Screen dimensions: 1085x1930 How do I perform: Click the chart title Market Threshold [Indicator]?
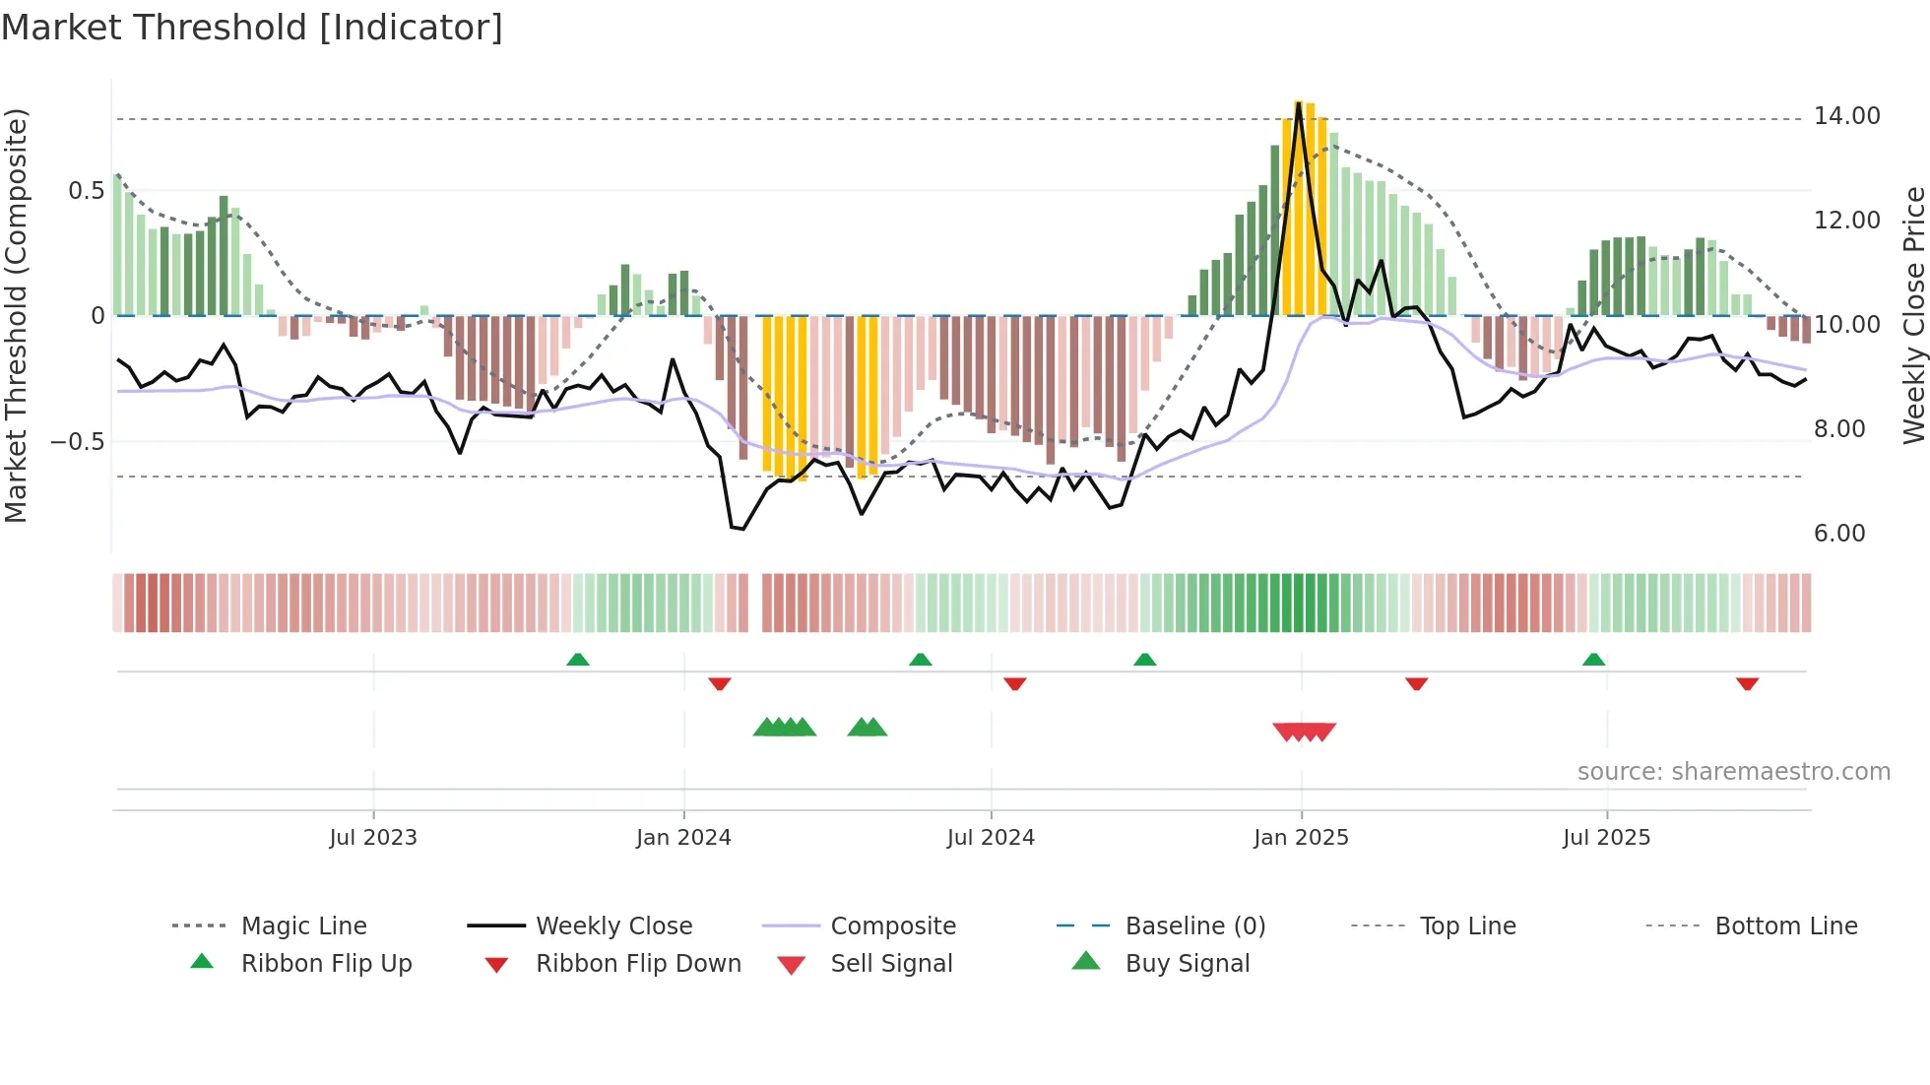pos(252,28)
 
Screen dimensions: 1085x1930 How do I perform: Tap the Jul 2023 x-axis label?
pos(373,838)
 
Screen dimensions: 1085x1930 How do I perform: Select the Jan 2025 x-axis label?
pos(1301,838)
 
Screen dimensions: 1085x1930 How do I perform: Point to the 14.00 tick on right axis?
pos(1846,116)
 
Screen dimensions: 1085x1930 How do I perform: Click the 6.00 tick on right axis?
pos(1838,534)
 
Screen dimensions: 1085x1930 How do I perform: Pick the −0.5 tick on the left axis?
pos(78,441)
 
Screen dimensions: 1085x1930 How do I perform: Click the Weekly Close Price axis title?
pos(1913,315)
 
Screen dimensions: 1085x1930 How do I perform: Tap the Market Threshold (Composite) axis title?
pos(16,315)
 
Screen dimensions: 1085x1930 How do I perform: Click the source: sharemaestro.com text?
pos(1733,772)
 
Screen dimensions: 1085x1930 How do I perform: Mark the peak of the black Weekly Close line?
pos(1299,103)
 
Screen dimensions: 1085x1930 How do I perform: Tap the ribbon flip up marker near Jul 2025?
pos(1593,660)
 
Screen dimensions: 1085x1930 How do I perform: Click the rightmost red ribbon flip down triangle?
pos(1747,683)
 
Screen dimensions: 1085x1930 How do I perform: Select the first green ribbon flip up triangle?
pos(578,660)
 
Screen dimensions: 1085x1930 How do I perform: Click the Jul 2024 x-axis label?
pos(991,838)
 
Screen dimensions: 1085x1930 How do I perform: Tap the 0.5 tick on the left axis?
pos(86,191)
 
